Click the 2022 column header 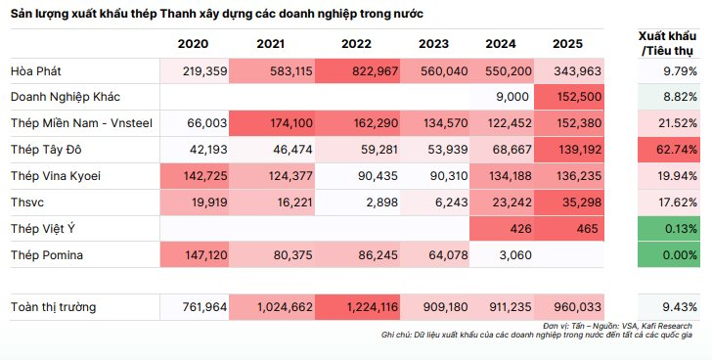pyautogui.click(x=359, y=44)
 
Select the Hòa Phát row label pyautogui.click(x=34, y=71)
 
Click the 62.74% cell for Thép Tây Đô pyautogui.click(x=670, y=151)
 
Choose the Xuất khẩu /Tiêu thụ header pyautogui.click(x=669, y=43)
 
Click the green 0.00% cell pyautogui.click(x=670, y=255)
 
